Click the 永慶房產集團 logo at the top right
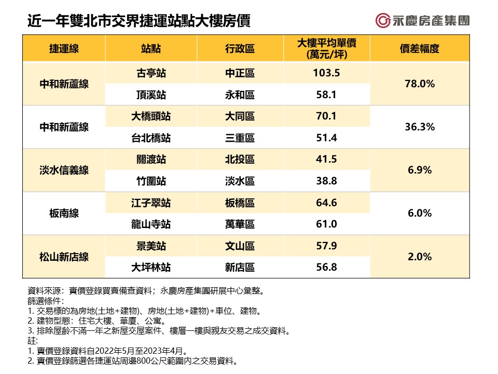(x=422, y=21)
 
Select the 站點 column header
(x=150, y=49)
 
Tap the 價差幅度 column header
(x=419, y=49)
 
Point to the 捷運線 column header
(x=64, y=49)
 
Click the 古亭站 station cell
(x=150, y=73)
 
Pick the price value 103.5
(x=326, y=73)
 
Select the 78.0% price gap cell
(x=419, y=84)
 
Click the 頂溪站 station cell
(x=150, y=95)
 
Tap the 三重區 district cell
(x=240, y=138)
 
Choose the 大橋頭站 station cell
(x=150, y=117)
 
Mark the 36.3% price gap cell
(x=419, y=127)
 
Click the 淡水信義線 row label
(x=64, y=170)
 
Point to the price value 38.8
(x=326, y=181)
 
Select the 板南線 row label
(x=64, y=213)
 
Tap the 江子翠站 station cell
(x=150, y=203)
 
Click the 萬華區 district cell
(x=240, y=224)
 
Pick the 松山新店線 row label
(x=64, y=257)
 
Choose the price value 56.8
(x=326, y=268)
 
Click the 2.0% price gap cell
(x=419, y=257)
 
